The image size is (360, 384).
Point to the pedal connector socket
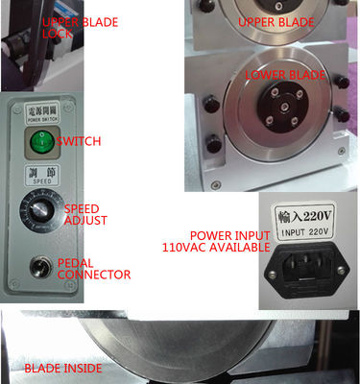pyautogui.click(x=41, y=267)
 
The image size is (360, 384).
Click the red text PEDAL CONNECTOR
pyautogui.click(x=92, y=268)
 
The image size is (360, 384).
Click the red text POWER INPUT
pyautogui.click(x=225, y=234)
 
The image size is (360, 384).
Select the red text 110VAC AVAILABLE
pyautogui.click(x=211, y=247)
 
